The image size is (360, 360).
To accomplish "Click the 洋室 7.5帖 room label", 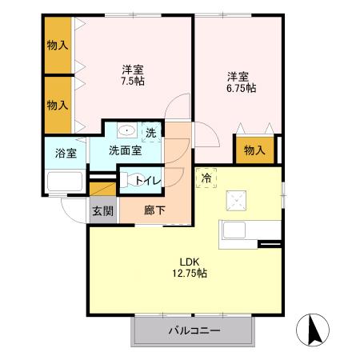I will click(132, 74).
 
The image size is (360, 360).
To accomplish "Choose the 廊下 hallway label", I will click(154, 211).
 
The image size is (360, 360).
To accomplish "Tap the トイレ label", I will click(149, 181).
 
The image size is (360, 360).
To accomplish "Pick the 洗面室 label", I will click(125, 150).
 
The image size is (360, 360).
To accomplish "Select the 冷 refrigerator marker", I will click(206, 178).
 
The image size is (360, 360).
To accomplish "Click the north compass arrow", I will click(314, 329).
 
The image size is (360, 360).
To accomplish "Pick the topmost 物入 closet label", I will click(58, 46).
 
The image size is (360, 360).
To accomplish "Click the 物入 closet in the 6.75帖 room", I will click(254, 150).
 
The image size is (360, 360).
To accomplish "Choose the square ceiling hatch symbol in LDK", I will click(238, 197).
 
